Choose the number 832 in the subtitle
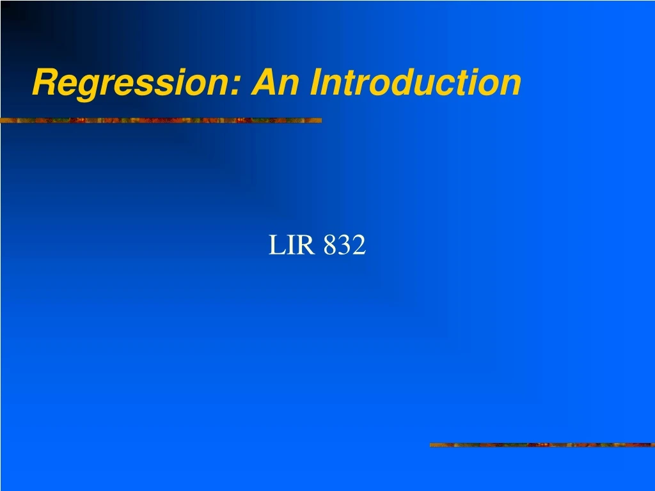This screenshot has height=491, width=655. pos(345,245)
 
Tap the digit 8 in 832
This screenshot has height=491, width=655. pos(330,245)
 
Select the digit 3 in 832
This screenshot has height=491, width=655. pos(345,245)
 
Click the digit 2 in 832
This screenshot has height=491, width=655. pos(359,245)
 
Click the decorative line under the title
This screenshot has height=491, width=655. pos(161,120)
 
